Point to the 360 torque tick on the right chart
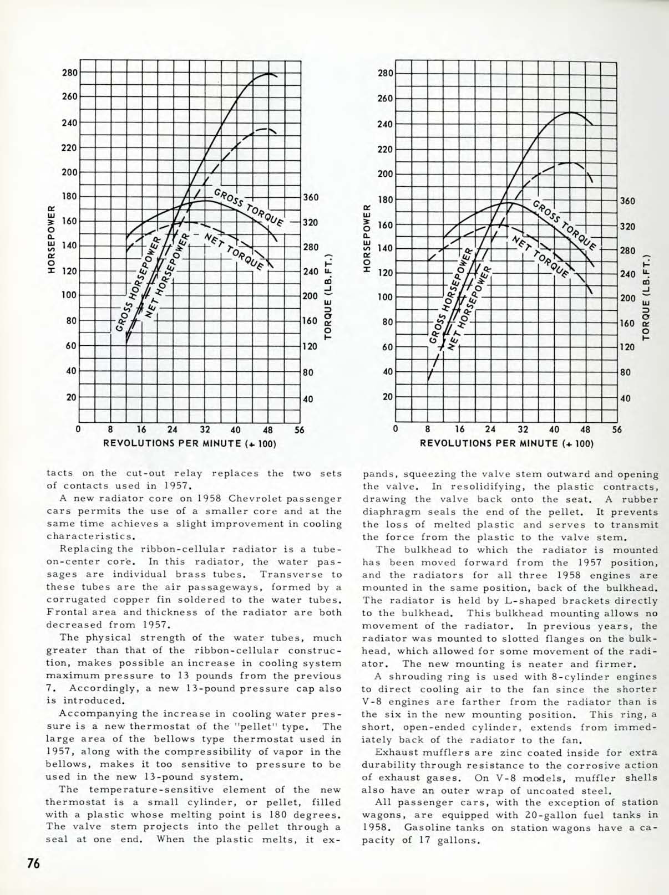tap(627, 201)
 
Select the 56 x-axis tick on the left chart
tap(300, 429)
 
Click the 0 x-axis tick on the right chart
tap(396, 429)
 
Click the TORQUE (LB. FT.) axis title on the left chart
tap(328, 296)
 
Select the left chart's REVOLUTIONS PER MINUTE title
tap(189, 444)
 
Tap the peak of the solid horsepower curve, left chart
tap(269, 73)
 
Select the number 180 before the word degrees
tap(292, 815)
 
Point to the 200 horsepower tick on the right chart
tap(386, 174)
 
